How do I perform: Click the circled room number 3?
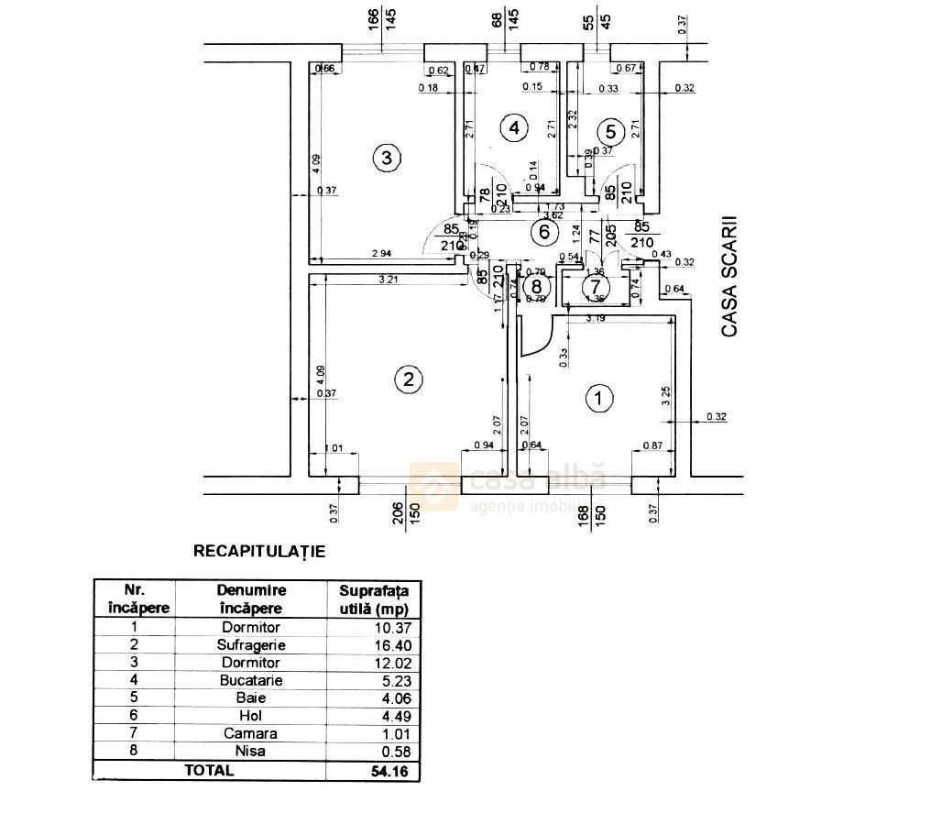pyautogui.click(x=387, y=158)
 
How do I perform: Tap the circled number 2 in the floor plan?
pyautogui.click(x=409, y=379)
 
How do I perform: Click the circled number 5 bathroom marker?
pyautogui.click(x=611, y=132)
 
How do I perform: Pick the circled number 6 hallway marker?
pyautogui.click(x=544, y=231)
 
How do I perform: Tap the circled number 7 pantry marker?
pyautogui.click(x=597, y=285)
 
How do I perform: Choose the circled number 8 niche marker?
pyautogui.click(x=537, y=286)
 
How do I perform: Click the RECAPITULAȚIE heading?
pyautogui.click(x=259, y=552)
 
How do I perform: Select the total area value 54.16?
pyautogui.click(x=389, y=771)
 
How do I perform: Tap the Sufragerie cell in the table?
pyautogui.click(x=251, y=644)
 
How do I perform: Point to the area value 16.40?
pyautogui.click(x=392, y=644)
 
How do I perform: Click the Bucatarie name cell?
pyautogui.click(x=251, y=680)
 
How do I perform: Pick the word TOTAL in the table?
pyautogui.click(x=209, y=771)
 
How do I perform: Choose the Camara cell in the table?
pyautogui.click(x=251, y=733)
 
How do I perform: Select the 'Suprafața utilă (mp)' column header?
pyautogui.click(x=374, y=599)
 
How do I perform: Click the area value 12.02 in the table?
pyautogui.click(x=392, y=663)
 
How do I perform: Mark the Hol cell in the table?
pyautogui.click(x=251, y=716)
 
